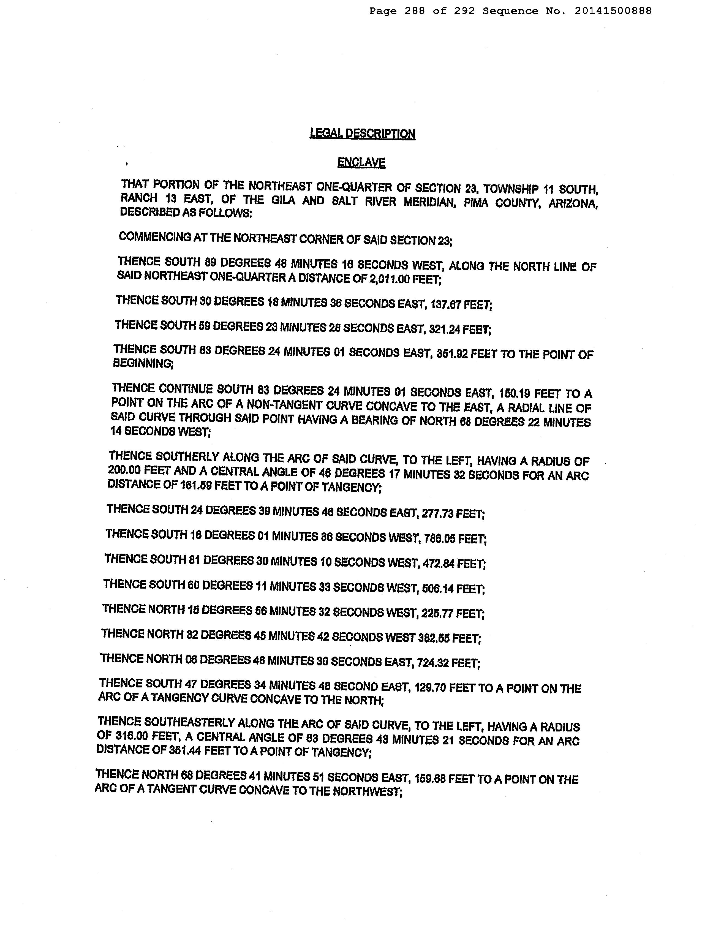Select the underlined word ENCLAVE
(x=361, y=162)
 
